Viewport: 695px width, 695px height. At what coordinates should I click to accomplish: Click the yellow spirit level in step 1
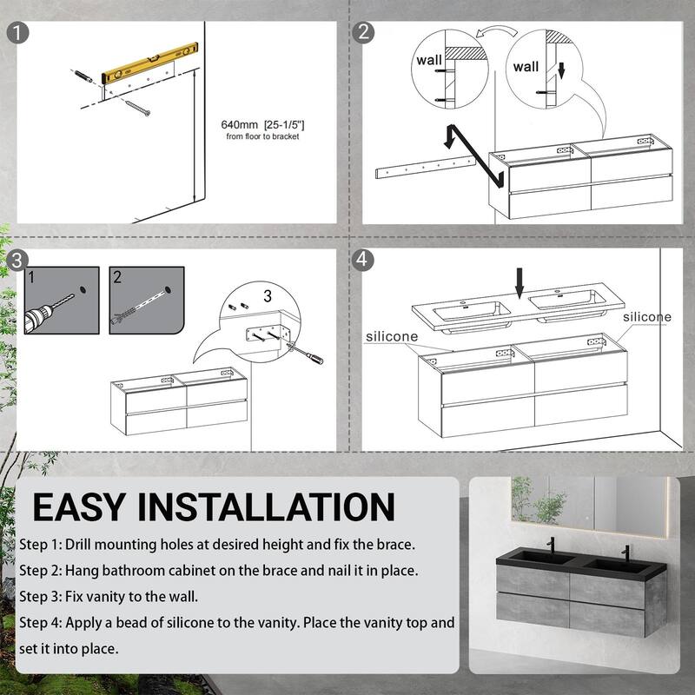click(149, 63)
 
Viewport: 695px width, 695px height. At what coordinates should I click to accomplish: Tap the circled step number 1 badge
click(17, 33)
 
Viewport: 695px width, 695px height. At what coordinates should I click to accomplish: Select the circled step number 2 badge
click(363, 32)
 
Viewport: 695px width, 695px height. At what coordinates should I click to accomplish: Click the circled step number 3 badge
click(17, 260)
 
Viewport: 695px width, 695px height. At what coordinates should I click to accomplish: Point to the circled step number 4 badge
click(362, 260)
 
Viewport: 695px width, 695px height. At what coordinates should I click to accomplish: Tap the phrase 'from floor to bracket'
click(263, 136)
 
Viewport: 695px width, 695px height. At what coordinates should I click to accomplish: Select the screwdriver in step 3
click(306, 354)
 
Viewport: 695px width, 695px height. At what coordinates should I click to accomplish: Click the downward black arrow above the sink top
click(520, 283)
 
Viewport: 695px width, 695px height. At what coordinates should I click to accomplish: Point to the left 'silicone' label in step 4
click(392, 336)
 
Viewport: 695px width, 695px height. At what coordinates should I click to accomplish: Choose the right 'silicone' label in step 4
click(647, 317)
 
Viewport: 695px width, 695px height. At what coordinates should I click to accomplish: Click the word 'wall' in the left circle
click(429, 60)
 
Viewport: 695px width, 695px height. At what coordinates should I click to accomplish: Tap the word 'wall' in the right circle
click(526, 67)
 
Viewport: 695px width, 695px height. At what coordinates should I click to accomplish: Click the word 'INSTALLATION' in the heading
click(267, 507)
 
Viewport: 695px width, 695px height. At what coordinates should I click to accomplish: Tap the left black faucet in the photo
click(551, 545)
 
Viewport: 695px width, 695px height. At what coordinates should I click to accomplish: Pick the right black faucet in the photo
click(625, 553)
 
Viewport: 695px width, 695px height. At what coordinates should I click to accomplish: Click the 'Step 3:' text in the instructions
click(41, 597)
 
